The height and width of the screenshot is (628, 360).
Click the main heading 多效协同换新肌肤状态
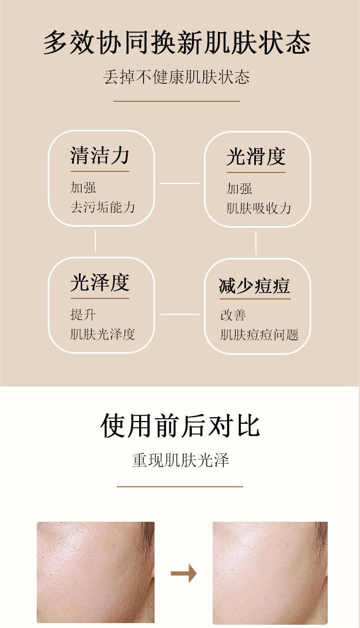tap(177, 43)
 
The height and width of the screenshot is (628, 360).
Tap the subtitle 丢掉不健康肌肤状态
tap(176, 77)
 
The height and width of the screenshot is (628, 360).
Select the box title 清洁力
tap(100, 156)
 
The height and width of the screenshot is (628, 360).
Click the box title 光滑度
tap(256, 157)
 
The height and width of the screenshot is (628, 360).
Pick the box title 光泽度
tap(100, 283)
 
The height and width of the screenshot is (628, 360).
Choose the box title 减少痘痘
tap(254, 286)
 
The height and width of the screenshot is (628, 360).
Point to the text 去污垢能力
tap(102, 208)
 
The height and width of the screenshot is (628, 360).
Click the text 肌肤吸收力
tap(259, 209)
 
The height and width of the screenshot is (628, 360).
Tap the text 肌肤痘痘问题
tap(259, 335)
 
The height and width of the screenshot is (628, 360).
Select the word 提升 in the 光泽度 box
tap(83, 315)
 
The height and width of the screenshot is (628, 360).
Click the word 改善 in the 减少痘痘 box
tap(233, 315)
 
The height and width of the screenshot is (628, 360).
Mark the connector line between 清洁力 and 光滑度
tap(179, 183)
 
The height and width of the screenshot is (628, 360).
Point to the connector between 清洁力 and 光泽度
tap(95, 241)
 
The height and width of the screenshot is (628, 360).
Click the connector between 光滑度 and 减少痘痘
tap(256, 243)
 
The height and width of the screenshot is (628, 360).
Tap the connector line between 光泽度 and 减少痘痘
tap(179, 314)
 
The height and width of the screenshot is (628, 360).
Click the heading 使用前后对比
tap(180, 425)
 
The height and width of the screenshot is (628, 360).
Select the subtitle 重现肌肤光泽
tap(180, 460)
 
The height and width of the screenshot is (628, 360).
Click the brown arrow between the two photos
tap(184, 574)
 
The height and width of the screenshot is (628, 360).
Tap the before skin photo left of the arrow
tap(95, 572)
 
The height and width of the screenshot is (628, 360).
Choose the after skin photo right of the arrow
tap(270, 572)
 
